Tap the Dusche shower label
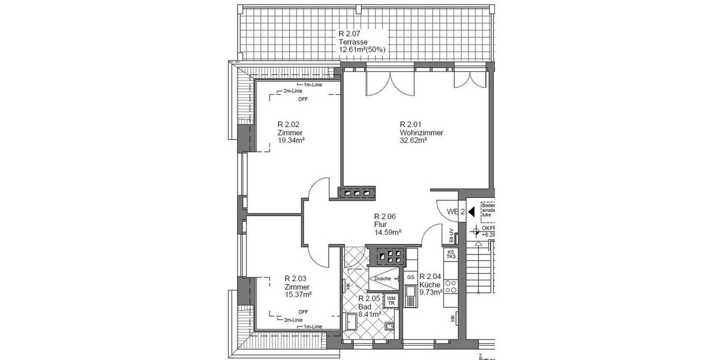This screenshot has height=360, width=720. [383, 279]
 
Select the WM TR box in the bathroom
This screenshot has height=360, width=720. [391, 301]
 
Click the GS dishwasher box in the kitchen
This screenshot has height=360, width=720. [410, 278]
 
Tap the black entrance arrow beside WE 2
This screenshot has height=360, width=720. [471, 211]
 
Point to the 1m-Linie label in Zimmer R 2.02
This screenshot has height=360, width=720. [313, 85]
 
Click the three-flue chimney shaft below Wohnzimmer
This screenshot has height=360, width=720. [357, 193]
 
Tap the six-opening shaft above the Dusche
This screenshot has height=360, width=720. [388, 257]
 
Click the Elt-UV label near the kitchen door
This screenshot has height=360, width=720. [451, 233]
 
